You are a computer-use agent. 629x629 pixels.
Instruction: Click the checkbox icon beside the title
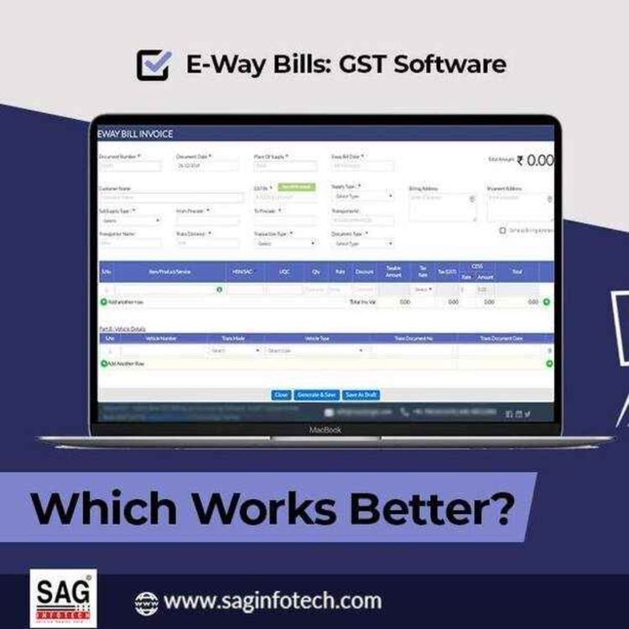(153, 64)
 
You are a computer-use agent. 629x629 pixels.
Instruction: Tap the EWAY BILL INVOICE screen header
(136, 133)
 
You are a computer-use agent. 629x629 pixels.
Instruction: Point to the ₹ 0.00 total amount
(534, 160)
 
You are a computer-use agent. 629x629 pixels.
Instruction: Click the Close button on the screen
(282, 394)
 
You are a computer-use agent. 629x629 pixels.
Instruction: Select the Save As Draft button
(361, 394)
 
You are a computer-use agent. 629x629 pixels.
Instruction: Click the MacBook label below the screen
(325, 429)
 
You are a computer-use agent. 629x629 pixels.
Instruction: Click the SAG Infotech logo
(62, 598)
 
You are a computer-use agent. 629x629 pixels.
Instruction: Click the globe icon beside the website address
(145, 601)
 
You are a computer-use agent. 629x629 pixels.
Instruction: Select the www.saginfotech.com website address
(273, 601)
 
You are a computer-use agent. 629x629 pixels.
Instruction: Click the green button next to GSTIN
(297, 188)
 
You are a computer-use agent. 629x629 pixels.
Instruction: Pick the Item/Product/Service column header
(169, 272)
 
